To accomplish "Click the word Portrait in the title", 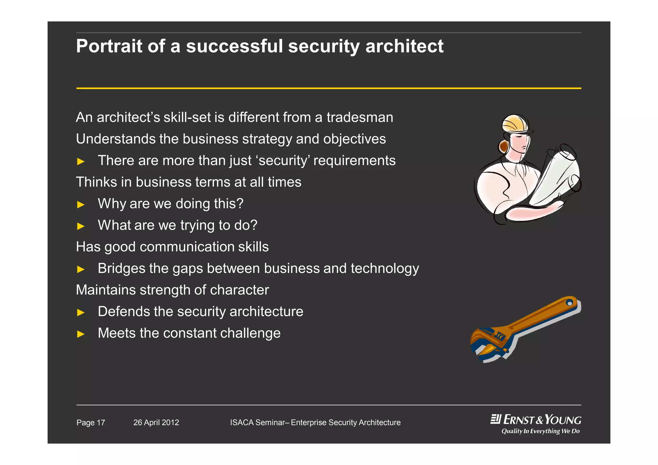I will pos(109,46).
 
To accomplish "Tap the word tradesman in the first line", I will pos(360,117).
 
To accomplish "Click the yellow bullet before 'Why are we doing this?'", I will pos(81,205).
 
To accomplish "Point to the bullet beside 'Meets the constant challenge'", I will pos(81,334).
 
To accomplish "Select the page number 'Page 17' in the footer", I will pos(91,423).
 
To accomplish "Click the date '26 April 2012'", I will pos(156,423).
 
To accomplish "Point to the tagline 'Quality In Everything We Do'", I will pos(540,431).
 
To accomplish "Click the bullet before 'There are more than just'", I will pos(81,162).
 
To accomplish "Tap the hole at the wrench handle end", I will pos(569,303).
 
